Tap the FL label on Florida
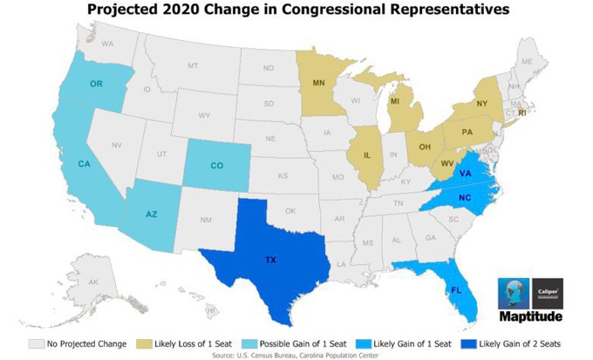coord(454,289)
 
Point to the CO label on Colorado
coord(218,166)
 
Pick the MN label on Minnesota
coord(318,85)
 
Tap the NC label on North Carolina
coord(466,197)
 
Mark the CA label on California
coord(85,164)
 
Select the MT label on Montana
coord(193,65)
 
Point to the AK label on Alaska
coord(93,282)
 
